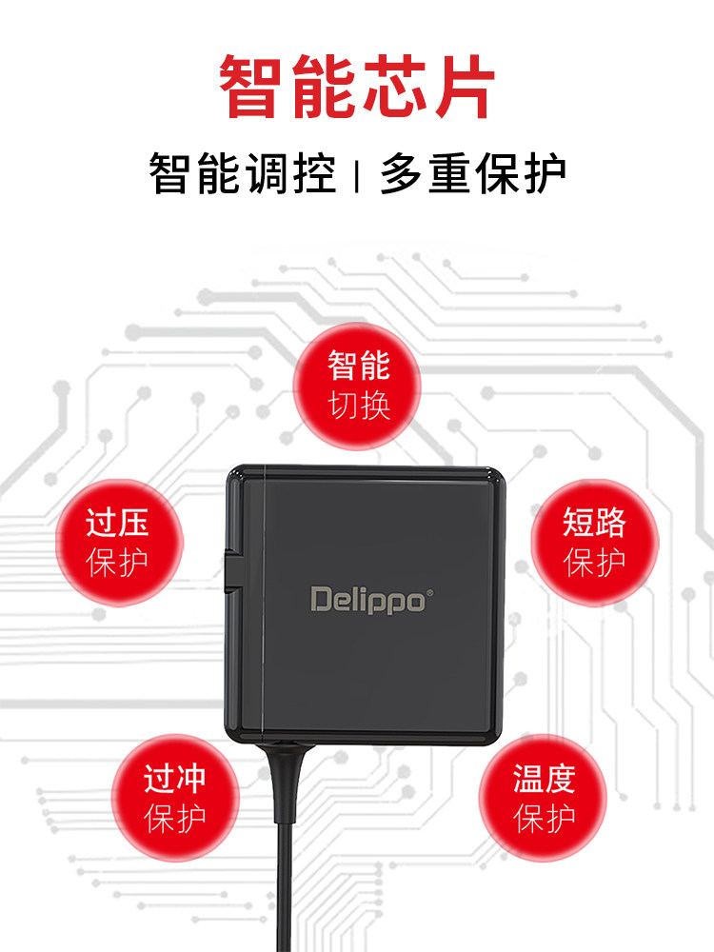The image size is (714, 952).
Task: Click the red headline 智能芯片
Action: pyautogui.click(x=357, y=88)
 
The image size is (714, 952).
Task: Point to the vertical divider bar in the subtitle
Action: pyautogui.click(x=356, y=176)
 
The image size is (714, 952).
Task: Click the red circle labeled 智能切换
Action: pyautogui.click(x=359, y=386)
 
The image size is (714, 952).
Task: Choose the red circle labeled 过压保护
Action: pyautogui.click(x=118, y=541)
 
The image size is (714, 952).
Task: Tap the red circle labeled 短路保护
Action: pyautogui.click(x=594, y=541)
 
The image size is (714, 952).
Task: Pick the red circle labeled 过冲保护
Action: pyautogui.click(x=174, y=798)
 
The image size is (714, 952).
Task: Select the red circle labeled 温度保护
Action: pyautogui.click(x=544, y=798)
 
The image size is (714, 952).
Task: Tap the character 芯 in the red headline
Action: pyautogui.click(x=391, y=88)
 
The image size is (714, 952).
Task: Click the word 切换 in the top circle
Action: pyautogui.click(x=359, y=406)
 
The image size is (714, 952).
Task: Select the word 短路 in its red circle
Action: pyautogui.click(x=594, y=522)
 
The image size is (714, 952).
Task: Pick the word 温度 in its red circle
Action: pyautogui.click(x=544, y=780)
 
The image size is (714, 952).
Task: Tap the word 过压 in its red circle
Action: pyautogui.click(x=118, y=522)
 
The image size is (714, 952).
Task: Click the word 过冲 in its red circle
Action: pyautogui.click(x=174, y=780)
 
